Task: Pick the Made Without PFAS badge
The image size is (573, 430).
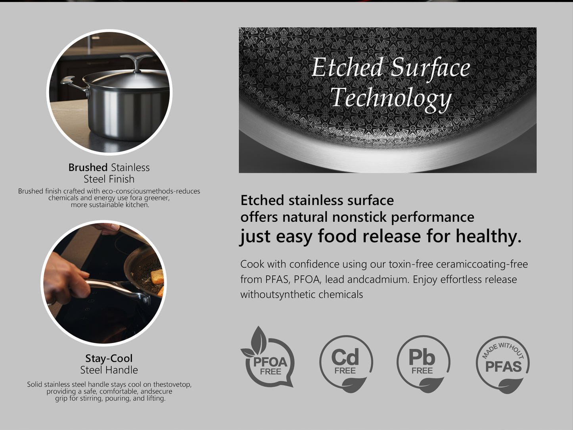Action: point(503,365)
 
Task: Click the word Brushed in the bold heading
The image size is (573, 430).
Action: point(88,167)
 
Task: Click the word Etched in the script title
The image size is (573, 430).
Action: point(347,67)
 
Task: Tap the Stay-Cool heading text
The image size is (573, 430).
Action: point(109,359)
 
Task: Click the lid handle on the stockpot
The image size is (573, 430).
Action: point(136,62)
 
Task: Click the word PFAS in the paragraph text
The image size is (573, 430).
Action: point(278,280)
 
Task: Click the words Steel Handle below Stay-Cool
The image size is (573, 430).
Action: point(109,370)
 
